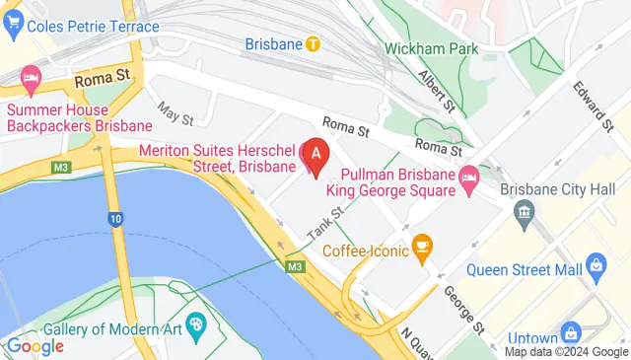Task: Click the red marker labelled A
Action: [315, 155]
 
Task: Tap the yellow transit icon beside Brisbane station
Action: [313, 43]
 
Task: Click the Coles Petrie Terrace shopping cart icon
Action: [13, 26]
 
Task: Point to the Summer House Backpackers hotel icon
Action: [32, 77]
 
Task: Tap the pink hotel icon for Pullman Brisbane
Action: [470, 175]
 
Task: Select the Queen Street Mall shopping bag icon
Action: [595, 265]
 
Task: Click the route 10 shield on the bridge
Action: [116, 219]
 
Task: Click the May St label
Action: [174, 115]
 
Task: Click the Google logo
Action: [35, 345]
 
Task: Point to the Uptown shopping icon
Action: [570, 331]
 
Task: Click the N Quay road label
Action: [418, 338]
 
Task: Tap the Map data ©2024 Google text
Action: [566, 351]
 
